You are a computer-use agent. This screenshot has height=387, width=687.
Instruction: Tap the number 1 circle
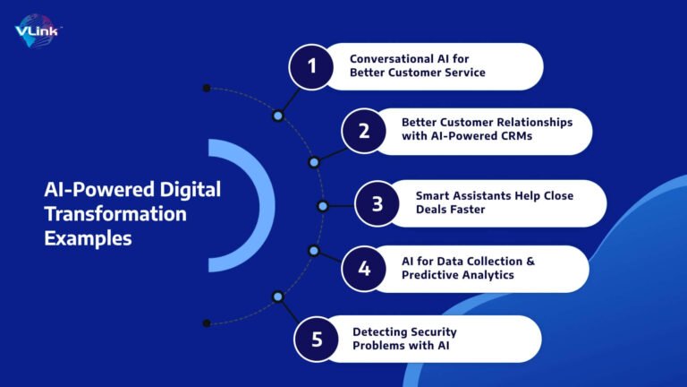coord(312,66)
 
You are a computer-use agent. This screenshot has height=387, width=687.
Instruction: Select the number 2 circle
coord(363,131)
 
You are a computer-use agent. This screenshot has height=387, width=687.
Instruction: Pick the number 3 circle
coord(377,203)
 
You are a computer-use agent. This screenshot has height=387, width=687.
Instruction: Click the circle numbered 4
coord(363,269)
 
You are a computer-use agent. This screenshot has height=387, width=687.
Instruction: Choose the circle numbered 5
coord(317,340)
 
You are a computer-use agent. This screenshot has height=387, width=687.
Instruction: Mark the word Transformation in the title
coord(116,215)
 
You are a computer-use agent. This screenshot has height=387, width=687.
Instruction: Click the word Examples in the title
coord(88,239)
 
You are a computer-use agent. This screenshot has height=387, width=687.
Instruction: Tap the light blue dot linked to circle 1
coord(277,116)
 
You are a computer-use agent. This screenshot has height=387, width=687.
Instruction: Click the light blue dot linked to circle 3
coord(322,206)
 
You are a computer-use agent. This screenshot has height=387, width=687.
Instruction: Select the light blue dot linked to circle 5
coord(277,296)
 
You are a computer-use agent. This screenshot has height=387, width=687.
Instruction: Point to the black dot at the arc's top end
coord(207,88)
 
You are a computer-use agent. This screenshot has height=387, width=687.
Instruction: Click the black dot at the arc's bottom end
coord(207,322)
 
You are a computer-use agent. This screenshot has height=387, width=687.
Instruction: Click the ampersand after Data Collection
coord(528,261)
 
